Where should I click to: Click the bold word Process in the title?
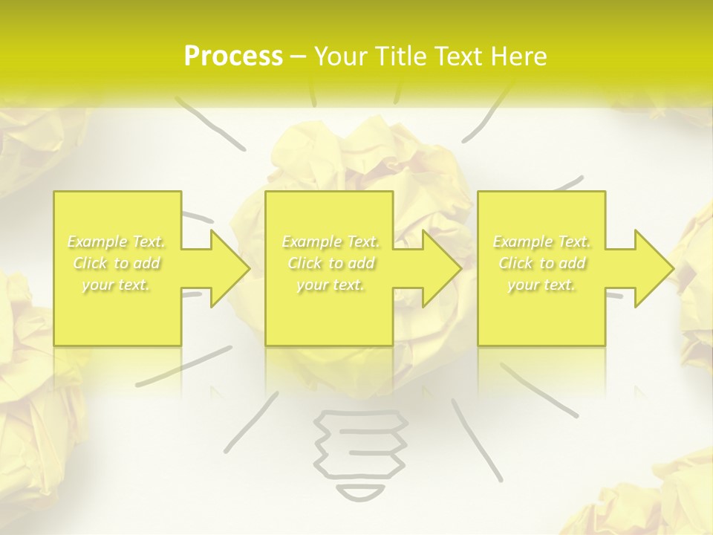tap(233, 56)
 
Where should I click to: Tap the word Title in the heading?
tap(398, 56)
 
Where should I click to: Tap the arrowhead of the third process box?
tap(653, 268)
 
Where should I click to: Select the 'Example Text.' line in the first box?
tap(116, 241)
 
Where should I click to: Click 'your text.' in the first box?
tap(116, 285)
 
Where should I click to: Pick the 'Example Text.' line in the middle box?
tap(331, 241)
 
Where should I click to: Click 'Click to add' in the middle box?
tap(331, 263)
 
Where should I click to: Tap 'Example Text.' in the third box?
tap(542, 241)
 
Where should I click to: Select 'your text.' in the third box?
tap(542, 285)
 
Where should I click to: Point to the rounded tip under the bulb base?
tap(362, 492)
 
